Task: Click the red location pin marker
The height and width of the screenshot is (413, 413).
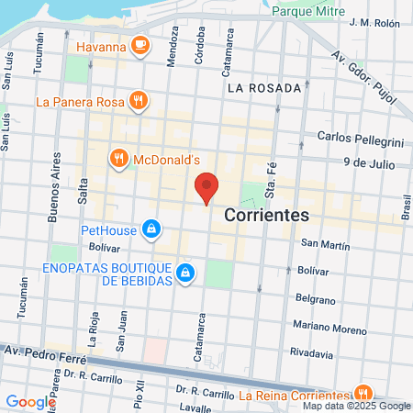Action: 207,188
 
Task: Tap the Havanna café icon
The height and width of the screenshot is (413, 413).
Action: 140,43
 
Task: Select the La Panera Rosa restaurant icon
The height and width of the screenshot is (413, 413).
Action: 138,101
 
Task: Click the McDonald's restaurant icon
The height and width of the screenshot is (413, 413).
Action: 118,159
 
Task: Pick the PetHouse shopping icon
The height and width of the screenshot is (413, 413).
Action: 153,229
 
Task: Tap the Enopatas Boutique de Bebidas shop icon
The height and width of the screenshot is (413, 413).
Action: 185,273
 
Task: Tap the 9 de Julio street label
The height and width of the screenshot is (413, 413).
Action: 368,162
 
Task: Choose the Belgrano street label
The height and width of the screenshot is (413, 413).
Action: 318,298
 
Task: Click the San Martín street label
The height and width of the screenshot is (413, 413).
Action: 325,243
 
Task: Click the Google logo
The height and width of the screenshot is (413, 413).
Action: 29,401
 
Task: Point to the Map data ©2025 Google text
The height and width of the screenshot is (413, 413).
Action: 357,406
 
